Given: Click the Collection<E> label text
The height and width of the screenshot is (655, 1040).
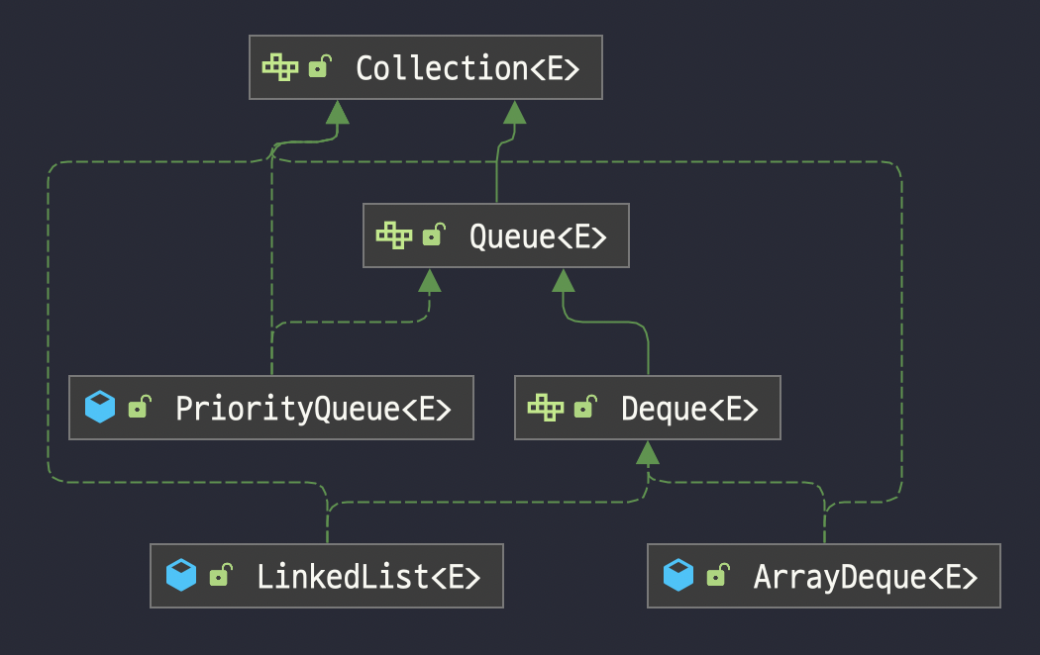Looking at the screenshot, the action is point(467,68).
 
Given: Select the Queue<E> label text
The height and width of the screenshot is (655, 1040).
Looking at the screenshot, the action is point(537,237).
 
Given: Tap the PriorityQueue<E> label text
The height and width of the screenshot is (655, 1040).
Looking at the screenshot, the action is point(313,408).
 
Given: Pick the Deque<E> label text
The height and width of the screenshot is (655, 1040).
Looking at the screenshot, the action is point(689,408).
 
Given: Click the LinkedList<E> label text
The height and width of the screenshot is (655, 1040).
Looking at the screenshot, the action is point(368,576).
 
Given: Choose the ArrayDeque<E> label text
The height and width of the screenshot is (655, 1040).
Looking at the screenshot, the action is point(866,576).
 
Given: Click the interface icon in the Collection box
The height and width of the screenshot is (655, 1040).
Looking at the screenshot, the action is point(280,67).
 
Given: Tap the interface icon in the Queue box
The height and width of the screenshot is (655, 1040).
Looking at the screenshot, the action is point(394,236).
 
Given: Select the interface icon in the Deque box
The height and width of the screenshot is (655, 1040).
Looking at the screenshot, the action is point(546,407).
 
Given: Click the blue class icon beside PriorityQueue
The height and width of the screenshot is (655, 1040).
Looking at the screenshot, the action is point(100,407).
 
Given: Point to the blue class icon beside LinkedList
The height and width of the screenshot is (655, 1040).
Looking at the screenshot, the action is point(181,575).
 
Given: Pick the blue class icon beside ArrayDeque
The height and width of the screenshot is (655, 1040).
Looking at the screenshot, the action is point(678,575).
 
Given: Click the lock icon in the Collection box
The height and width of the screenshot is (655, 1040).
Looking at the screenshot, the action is point(319,67).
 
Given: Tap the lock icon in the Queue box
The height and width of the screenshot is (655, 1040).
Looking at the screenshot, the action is point(433,236).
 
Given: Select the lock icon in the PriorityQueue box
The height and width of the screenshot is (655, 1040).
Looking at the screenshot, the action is point(139,407).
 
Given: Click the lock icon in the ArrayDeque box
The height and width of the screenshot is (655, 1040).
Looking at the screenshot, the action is point(716,575).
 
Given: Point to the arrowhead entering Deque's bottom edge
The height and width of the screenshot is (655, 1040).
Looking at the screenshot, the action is point(648,453).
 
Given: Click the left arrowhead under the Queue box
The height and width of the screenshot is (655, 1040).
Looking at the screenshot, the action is point(429,281).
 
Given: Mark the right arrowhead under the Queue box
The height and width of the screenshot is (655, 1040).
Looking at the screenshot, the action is point(564,281).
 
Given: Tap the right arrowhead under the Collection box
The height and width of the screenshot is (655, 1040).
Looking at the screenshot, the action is point(513,112).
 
